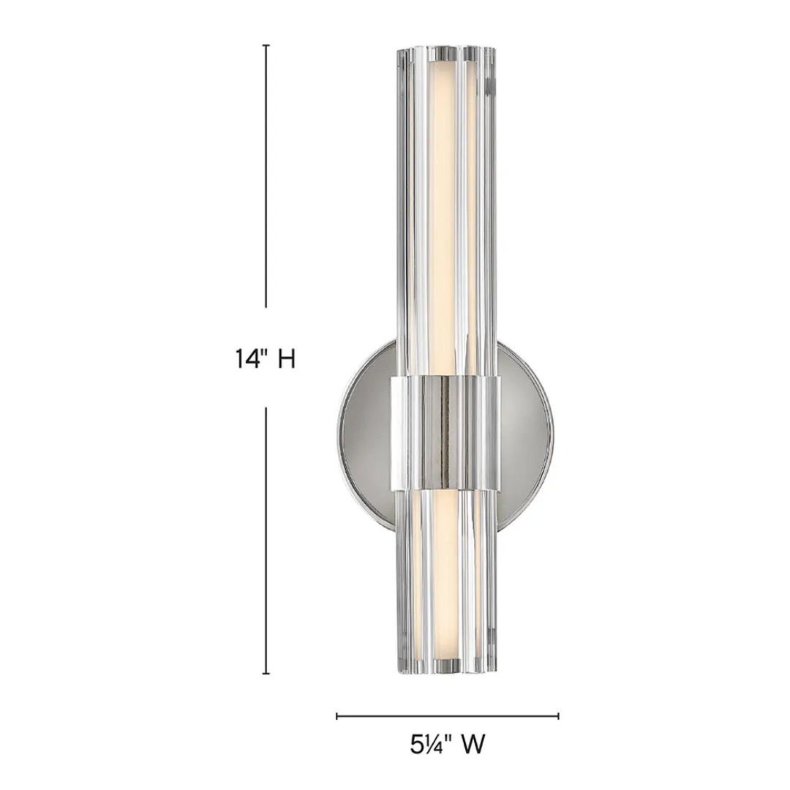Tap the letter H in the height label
(x=287, y=360)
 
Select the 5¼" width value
(x=429, y=745)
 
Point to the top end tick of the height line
(x=266, y=45)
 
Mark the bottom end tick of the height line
(x=266, y=673)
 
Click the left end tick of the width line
(x=337, y=716)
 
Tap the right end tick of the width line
(x=558, y=716)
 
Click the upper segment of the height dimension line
(x=266, y=176)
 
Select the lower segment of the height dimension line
(x=266, y=541)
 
